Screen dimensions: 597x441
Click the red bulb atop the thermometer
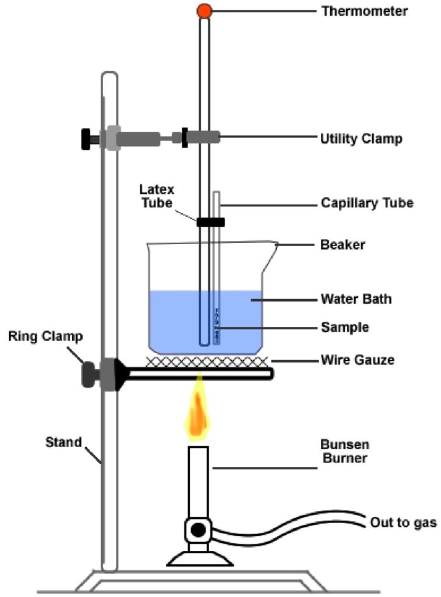tap(203, 10)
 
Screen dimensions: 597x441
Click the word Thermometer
tap(364, 10)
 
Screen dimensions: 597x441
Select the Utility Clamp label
tap(361, 139)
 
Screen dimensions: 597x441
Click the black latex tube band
tap(210, 222)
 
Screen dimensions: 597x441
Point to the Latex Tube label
tap(156, 196)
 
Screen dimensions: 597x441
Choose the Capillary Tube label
tap(366, 203)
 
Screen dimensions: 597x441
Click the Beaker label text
tap(343, 244)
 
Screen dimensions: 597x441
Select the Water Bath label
tap(356, 299)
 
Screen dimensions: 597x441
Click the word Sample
tap(345, 328)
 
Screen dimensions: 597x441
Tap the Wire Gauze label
tap(357, 360)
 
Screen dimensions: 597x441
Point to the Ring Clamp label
tap(45, 336)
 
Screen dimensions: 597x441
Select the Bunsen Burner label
tap(344, 452)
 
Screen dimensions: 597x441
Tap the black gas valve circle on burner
tap(199, 530)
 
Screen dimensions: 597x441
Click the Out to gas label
tap(403, 522)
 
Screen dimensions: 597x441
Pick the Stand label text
tap(63, 442)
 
